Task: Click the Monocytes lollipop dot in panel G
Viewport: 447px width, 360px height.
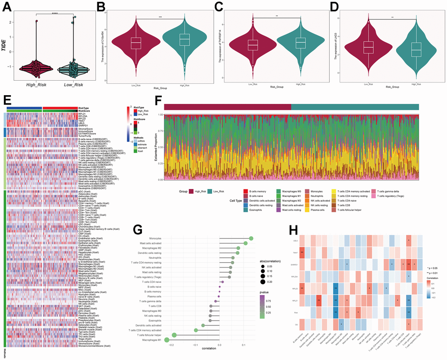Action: pyautogui.click(x=251, y=238)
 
